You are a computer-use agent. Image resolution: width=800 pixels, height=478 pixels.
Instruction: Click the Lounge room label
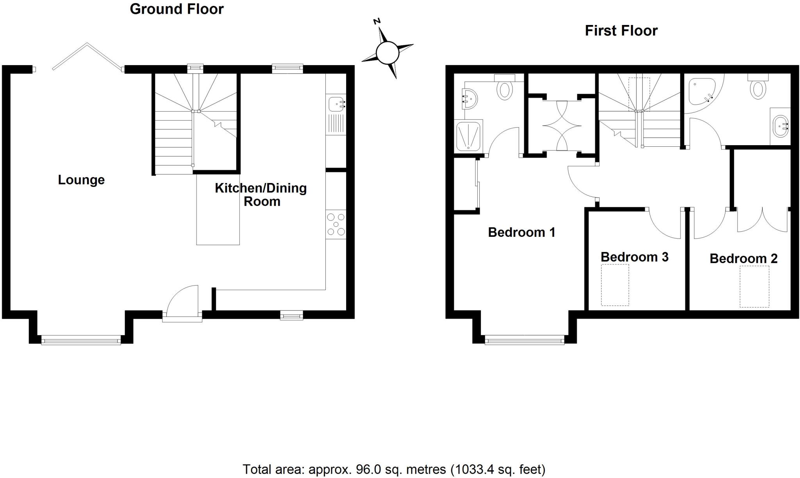(x=81, y=180)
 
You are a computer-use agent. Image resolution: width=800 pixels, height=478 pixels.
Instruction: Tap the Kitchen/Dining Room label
(x=261, y=195)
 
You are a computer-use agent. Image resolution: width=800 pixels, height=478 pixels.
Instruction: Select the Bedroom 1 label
(x=521, y=233)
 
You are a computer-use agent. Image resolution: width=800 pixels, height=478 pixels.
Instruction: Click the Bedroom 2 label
(x=743, y=258)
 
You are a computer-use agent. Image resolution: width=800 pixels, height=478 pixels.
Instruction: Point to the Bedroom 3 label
(x=634, y=257)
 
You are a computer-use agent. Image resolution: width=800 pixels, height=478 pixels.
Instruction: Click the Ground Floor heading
(x=177, y=9)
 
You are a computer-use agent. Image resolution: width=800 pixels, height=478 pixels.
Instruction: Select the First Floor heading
(x=621, y=31)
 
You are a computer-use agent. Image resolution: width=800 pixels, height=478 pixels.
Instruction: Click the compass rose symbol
(x=387, y=52)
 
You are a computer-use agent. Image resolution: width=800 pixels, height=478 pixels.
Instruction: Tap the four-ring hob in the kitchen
(x=336, y=225)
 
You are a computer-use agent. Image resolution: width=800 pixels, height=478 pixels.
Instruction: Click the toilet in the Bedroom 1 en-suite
(x=504, y=90)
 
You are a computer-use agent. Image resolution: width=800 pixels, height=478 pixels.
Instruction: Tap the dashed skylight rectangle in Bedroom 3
(x=615, y=285)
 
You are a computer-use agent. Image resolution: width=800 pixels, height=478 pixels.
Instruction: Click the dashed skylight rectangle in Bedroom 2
(x=754, y=286)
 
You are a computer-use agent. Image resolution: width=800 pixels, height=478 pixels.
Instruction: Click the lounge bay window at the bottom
(x=81, y=341)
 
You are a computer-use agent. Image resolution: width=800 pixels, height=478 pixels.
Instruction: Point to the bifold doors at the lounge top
(x=87, y=57)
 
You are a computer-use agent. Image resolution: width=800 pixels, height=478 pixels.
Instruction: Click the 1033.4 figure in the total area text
(x=475, y=469)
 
